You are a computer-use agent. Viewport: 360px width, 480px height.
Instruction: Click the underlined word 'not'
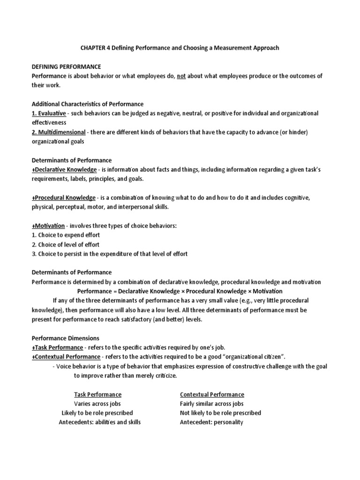coord(181,76)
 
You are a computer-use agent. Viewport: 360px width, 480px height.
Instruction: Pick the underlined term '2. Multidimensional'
coord(59,132)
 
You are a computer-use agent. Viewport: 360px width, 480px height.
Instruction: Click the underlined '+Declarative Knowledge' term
coord(64,170)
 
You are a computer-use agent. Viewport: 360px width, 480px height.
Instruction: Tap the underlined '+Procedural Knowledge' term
coord(63,198)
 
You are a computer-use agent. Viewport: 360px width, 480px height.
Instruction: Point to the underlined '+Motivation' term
coord(48,226)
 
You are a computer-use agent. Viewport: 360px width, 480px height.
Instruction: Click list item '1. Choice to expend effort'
coord(66,235)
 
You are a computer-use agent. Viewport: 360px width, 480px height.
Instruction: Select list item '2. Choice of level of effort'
coord(66,245)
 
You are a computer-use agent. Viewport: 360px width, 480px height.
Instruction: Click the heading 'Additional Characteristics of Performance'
coord(87,104)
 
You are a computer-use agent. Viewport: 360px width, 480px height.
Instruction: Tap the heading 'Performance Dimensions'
coord(65,338)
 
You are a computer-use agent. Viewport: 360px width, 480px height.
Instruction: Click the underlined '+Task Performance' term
coord(58,347)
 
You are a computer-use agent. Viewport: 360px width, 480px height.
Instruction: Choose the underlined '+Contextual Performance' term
coord(66,357)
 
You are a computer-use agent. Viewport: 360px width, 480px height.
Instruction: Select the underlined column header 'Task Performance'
coord(97,394)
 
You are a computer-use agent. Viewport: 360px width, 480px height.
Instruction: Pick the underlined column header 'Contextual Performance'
coord(212,394)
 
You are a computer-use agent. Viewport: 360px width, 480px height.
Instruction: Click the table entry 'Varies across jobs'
coord(97,404)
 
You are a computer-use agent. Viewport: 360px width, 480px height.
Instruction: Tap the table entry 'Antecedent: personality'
coord(211,422)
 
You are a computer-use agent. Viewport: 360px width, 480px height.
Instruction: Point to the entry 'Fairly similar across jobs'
coord(212,404)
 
